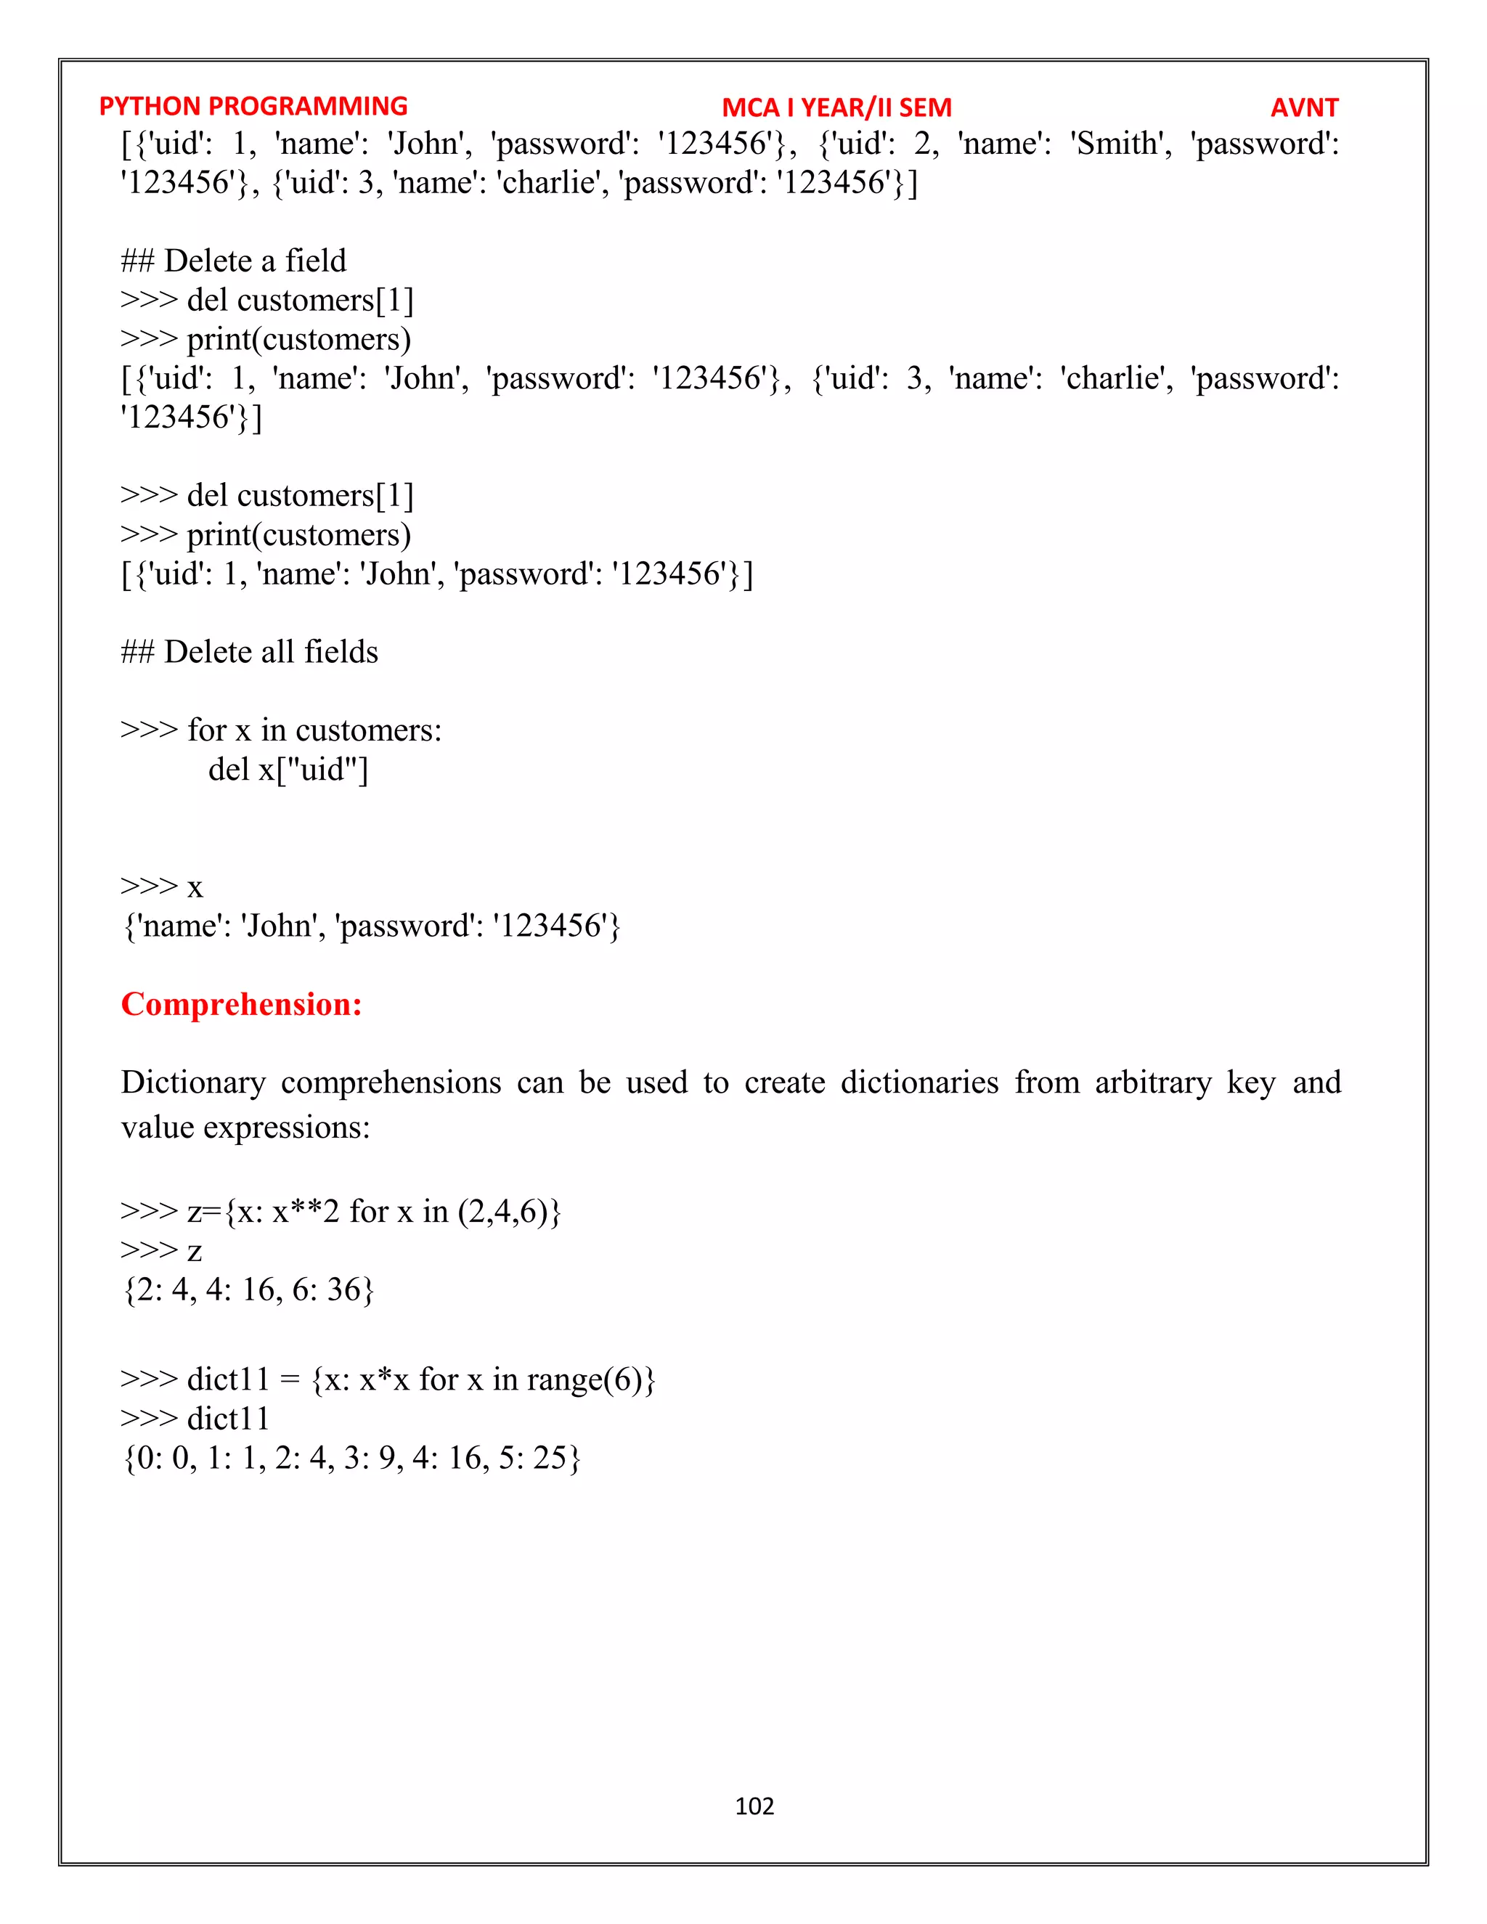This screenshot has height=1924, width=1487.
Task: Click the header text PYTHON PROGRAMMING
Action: click(253, 107)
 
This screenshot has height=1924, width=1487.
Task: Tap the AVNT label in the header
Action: click(1304, 107)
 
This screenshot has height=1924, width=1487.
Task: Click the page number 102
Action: click(754, 1806)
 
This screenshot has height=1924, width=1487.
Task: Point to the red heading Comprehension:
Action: click(241, 1004)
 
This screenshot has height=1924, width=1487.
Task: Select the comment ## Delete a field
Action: click(234, 261)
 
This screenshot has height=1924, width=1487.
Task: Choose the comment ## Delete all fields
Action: click(249, 652)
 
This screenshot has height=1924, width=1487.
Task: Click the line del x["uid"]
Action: click(288, 769)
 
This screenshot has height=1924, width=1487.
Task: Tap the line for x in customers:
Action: click(281, 730)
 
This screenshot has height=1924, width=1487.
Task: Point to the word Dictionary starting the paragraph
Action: click(193, 1083)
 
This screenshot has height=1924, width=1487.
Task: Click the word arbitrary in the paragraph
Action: click(1153, 1083)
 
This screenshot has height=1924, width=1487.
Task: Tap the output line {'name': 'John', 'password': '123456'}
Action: click(371, 926)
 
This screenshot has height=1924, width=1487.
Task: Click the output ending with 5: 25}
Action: click(351, 1458)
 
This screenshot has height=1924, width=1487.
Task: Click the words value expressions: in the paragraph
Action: click(246, 1128)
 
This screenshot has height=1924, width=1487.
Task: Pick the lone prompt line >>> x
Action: click(162, 886)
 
